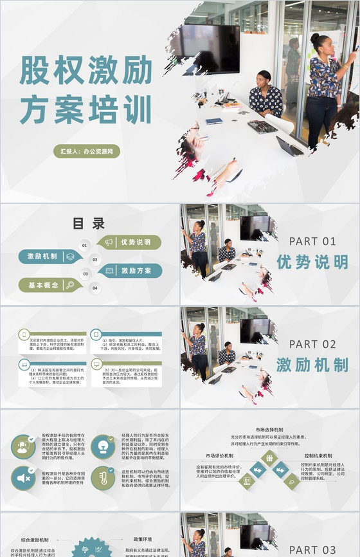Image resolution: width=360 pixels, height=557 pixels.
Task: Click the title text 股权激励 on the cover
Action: (x=86, y=71)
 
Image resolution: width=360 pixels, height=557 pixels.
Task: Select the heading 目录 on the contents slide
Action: (x=89, y=224)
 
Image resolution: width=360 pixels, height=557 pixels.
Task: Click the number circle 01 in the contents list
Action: (x=84, y=245)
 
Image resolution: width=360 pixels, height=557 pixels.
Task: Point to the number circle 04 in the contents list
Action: (x=94, y=288)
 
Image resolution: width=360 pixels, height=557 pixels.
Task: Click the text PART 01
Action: (x=312, y=241)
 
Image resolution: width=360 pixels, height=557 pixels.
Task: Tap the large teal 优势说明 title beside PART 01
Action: (x=312, y=262)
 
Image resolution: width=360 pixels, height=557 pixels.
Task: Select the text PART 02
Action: (x=312, y=344)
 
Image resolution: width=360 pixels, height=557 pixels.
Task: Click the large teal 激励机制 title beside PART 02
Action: (x=312, y=365)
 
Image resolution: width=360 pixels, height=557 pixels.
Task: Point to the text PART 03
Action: (x=312, y=549)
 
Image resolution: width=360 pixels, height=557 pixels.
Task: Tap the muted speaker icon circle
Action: (x=23, y=478)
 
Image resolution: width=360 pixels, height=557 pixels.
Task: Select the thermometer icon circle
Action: (x=103, y=478)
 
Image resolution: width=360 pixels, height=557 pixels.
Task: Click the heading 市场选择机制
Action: (x=270, y=429)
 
